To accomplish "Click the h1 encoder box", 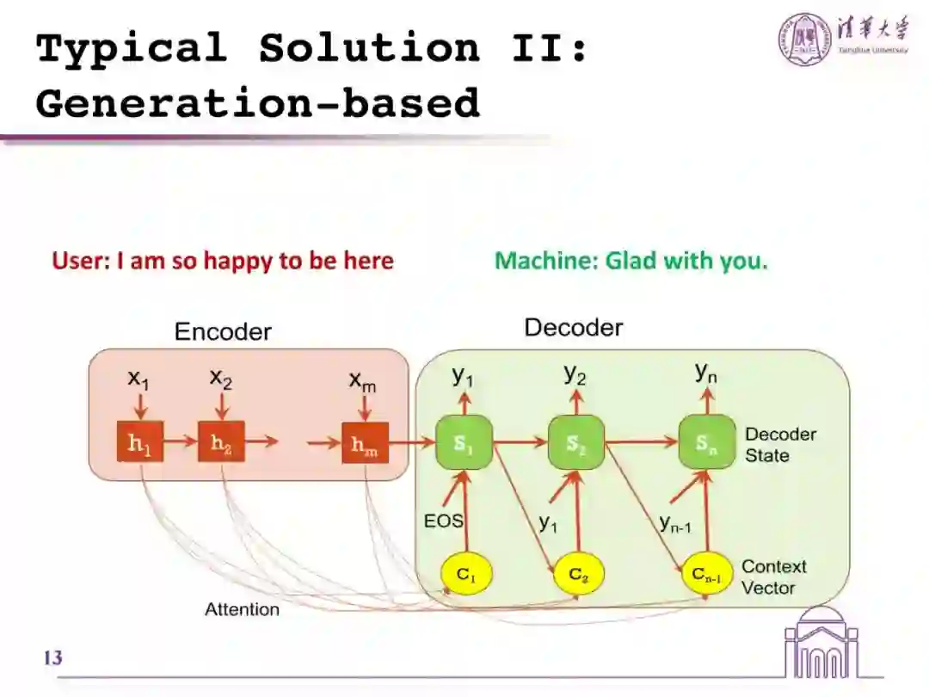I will click(x=139, y=443).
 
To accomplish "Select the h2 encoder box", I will click(x=221, y=443).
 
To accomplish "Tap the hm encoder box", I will click(x=365, y=444).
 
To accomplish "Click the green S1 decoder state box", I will click(x=464, y=443).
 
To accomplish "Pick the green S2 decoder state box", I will click(x=576, y=443).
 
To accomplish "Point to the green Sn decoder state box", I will click(x=706, y=443).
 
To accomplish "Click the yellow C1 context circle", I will click(x=465, y=576).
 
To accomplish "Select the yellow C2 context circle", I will click(x=578, y=576).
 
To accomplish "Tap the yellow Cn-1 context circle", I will click(x=707, y=576).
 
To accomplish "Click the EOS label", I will click(x=443, y=521).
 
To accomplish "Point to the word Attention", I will click(x=242, y=609).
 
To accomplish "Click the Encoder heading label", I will click(x=223, y=331).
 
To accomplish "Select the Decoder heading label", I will click(x=574, y=327).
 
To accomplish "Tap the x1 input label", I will click(x=138, y=378).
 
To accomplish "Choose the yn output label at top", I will click(x=705, y=373).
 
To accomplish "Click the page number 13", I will click(x=52, y=658).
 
